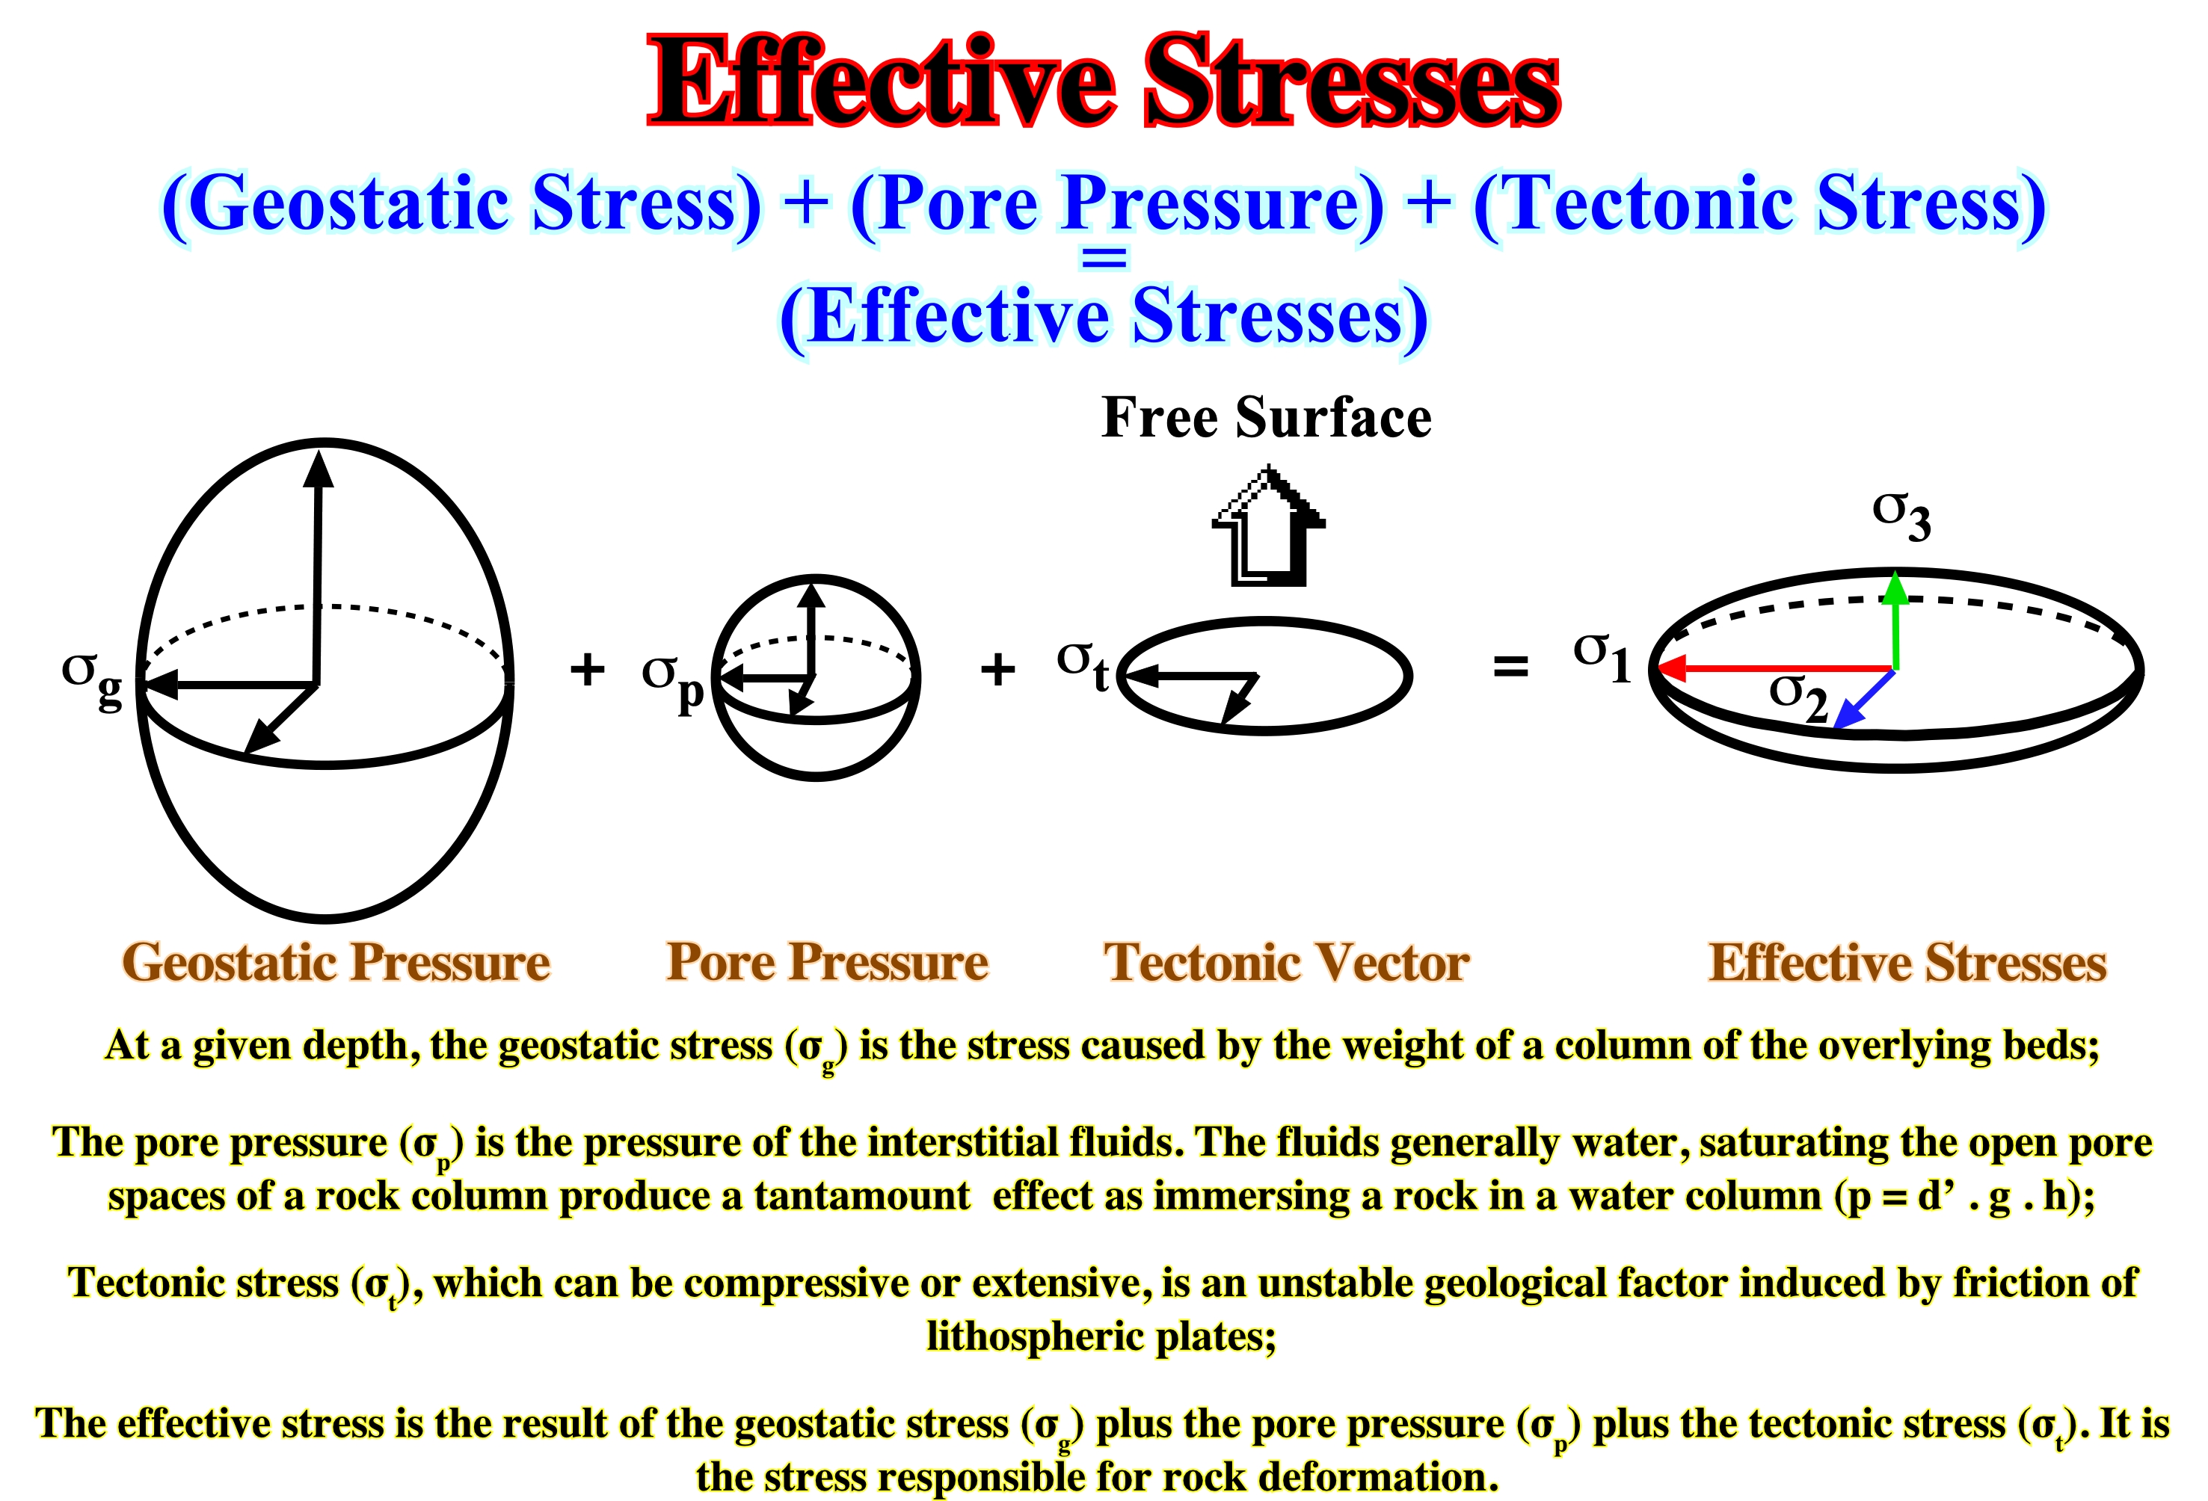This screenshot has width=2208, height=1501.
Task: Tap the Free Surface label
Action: point(1267,417)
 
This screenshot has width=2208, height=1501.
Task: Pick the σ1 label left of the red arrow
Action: point(1602,656)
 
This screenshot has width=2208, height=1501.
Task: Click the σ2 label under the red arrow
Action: point(1798,697)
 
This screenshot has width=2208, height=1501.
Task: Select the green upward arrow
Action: point(1895,620)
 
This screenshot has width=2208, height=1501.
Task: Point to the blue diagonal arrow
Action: point(1864,700)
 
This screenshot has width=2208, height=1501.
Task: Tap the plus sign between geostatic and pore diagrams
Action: point(587,669)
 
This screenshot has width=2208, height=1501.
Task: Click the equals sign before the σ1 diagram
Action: point(1510,667)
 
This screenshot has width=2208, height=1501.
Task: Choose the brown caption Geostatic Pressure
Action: point(336,961)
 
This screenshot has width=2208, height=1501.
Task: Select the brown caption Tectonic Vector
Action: point(1286,961)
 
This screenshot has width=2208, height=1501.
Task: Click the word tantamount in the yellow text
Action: point(863,1195)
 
